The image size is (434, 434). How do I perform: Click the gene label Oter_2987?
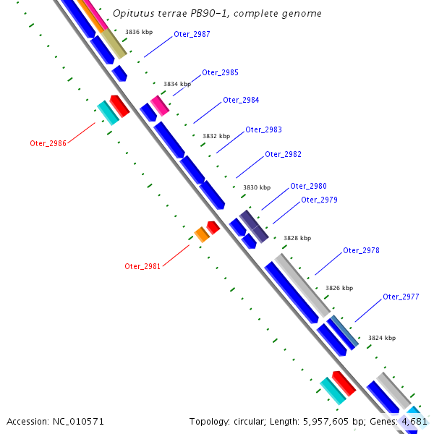coord(192,35)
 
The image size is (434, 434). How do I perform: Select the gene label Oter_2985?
coord(220,73)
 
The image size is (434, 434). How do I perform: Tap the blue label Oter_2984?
coord(241,101)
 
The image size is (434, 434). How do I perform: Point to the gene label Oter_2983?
coord(263,130)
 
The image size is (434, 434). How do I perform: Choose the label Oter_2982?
coord(283,155)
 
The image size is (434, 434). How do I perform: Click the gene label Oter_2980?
coord(308,187)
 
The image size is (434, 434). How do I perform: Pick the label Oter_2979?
coord(319,200)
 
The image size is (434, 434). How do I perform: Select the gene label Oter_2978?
coord(361,251)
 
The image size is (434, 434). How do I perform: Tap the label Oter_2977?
coord(401,297)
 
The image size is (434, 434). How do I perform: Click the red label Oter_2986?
coord(48,143)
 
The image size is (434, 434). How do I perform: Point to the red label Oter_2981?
coord(142,266)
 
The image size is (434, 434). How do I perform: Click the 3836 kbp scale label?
coord(139,33)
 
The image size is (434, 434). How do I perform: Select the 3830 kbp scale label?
coord(256,188)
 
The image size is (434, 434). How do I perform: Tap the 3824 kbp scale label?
coord(382,338)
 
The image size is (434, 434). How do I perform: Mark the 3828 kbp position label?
coord(297,238)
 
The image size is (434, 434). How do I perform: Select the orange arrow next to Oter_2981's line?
coord(201,234)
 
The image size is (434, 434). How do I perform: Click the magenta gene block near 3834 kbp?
coord(160,106)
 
